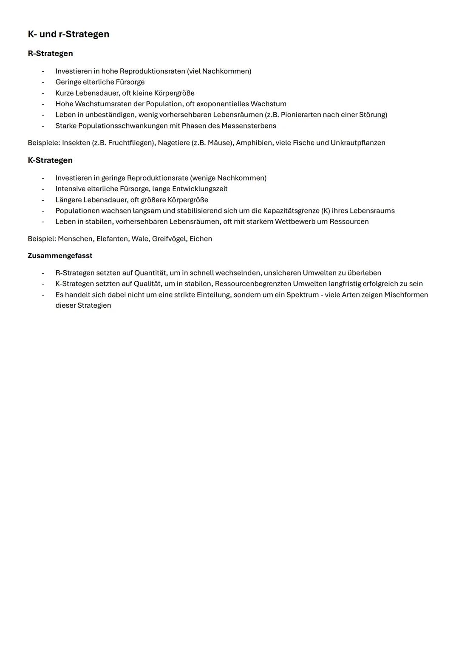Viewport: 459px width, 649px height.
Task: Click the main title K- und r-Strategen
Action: [x=68, y=34]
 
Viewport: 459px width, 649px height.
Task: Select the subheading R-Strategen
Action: [x=50, y=54]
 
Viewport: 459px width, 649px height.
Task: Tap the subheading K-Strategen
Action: [x=50, y=160]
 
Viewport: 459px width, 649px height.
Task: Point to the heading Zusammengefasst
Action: [x=60, y=256]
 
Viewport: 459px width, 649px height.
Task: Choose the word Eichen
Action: [x=201, y=239]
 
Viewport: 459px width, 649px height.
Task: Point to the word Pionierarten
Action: [x=301, y=115]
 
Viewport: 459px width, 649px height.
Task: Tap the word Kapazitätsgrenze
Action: [x=291, y=211]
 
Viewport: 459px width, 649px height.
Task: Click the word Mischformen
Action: [x=406, y=295]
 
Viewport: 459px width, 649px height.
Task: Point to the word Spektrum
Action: [x=302, y=295]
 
